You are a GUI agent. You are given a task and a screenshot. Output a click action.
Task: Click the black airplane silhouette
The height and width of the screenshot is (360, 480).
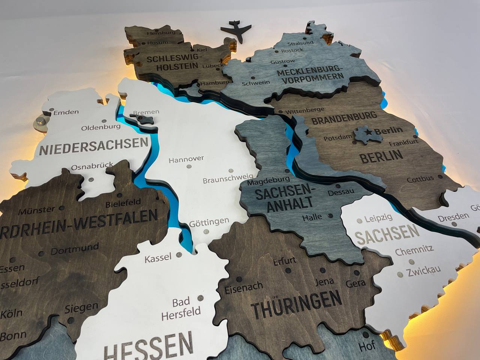[237, 31]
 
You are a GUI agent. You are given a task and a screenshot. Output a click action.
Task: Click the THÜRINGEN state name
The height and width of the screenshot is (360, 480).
[296, 304]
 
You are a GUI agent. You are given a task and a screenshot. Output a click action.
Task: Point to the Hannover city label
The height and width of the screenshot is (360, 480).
[186, 160]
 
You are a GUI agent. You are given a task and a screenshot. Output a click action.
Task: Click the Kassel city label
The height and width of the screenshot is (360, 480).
[158, 258]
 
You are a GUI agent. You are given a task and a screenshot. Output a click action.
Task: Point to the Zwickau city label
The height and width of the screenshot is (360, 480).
[423, 270]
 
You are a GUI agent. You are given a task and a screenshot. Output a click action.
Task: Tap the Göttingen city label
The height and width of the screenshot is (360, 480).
[209, 222]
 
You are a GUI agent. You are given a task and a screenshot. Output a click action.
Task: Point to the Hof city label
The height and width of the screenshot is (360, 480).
[367, 346]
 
